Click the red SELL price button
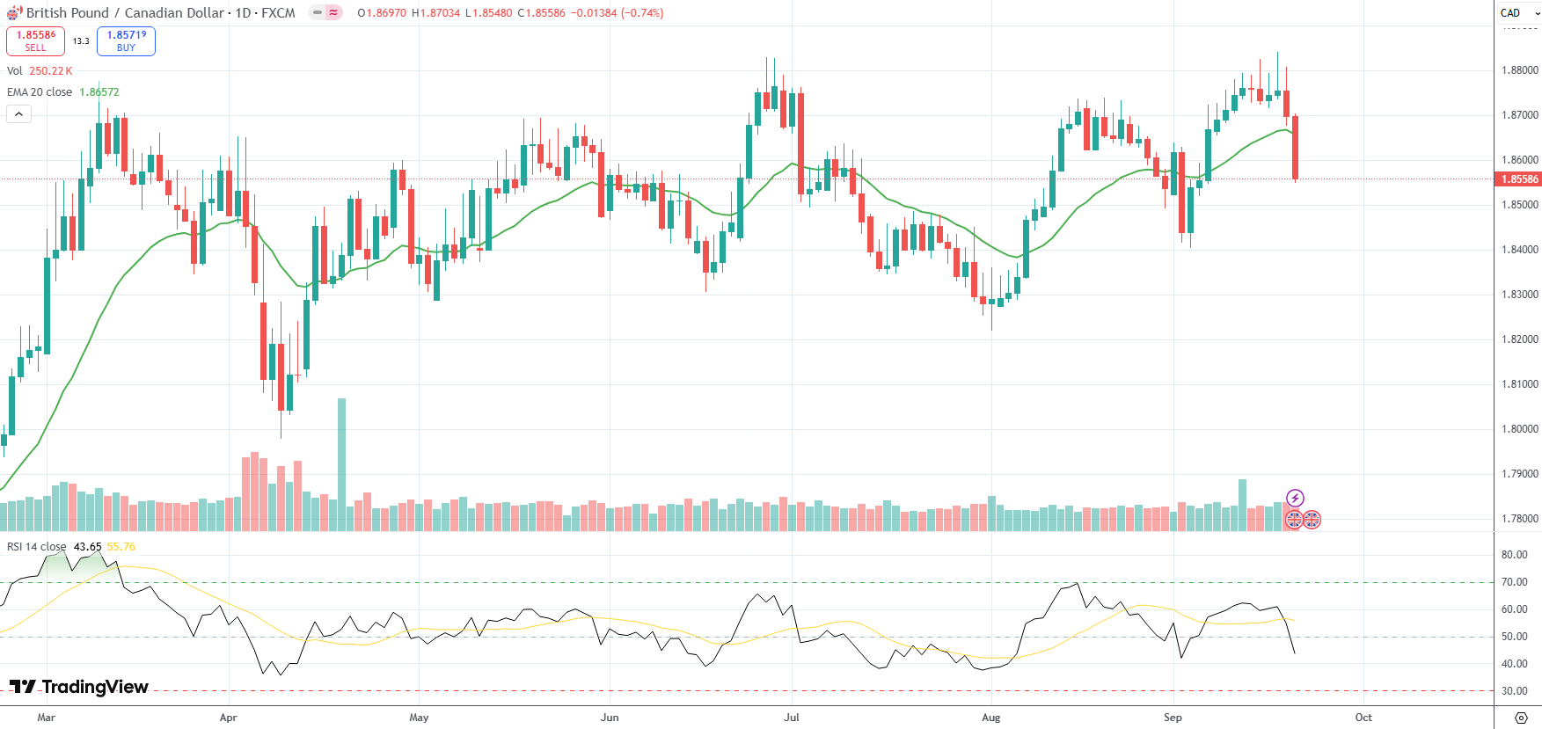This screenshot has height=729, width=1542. [35, 40]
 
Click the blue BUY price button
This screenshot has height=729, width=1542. [126, 40]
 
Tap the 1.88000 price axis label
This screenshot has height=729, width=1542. [1519, 70]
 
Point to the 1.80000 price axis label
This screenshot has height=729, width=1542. [1519, 429]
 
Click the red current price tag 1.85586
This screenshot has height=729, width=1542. [1518, 179]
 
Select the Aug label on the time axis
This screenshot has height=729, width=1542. [990, 718]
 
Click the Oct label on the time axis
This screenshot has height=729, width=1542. [1363, 718]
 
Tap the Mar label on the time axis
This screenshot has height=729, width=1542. [47, 718]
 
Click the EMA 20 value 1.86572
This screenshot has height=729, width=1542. [99, 92]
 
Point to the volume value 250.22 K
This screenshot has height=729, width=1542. [51, 71]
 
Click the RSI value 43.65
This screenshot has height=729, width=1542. [87, 547]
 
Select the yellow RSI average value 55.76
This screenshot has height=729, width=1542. [121, 547]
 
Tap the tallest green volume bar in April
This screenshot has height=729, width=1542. [341, 464]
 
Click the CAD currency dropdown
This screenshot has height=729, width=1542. [1518, 13]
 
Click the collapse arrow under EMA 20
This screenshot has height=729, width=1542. [18, 113]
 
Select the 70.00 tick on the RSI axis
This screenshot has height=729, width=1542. [1513, 582]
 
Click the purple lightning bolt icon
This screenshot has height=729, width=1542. [1294, 499]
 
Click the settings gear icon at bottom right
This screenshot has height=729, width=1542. [1521, 718]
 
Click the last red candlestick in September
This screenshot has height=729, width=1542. [1295, 147]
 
